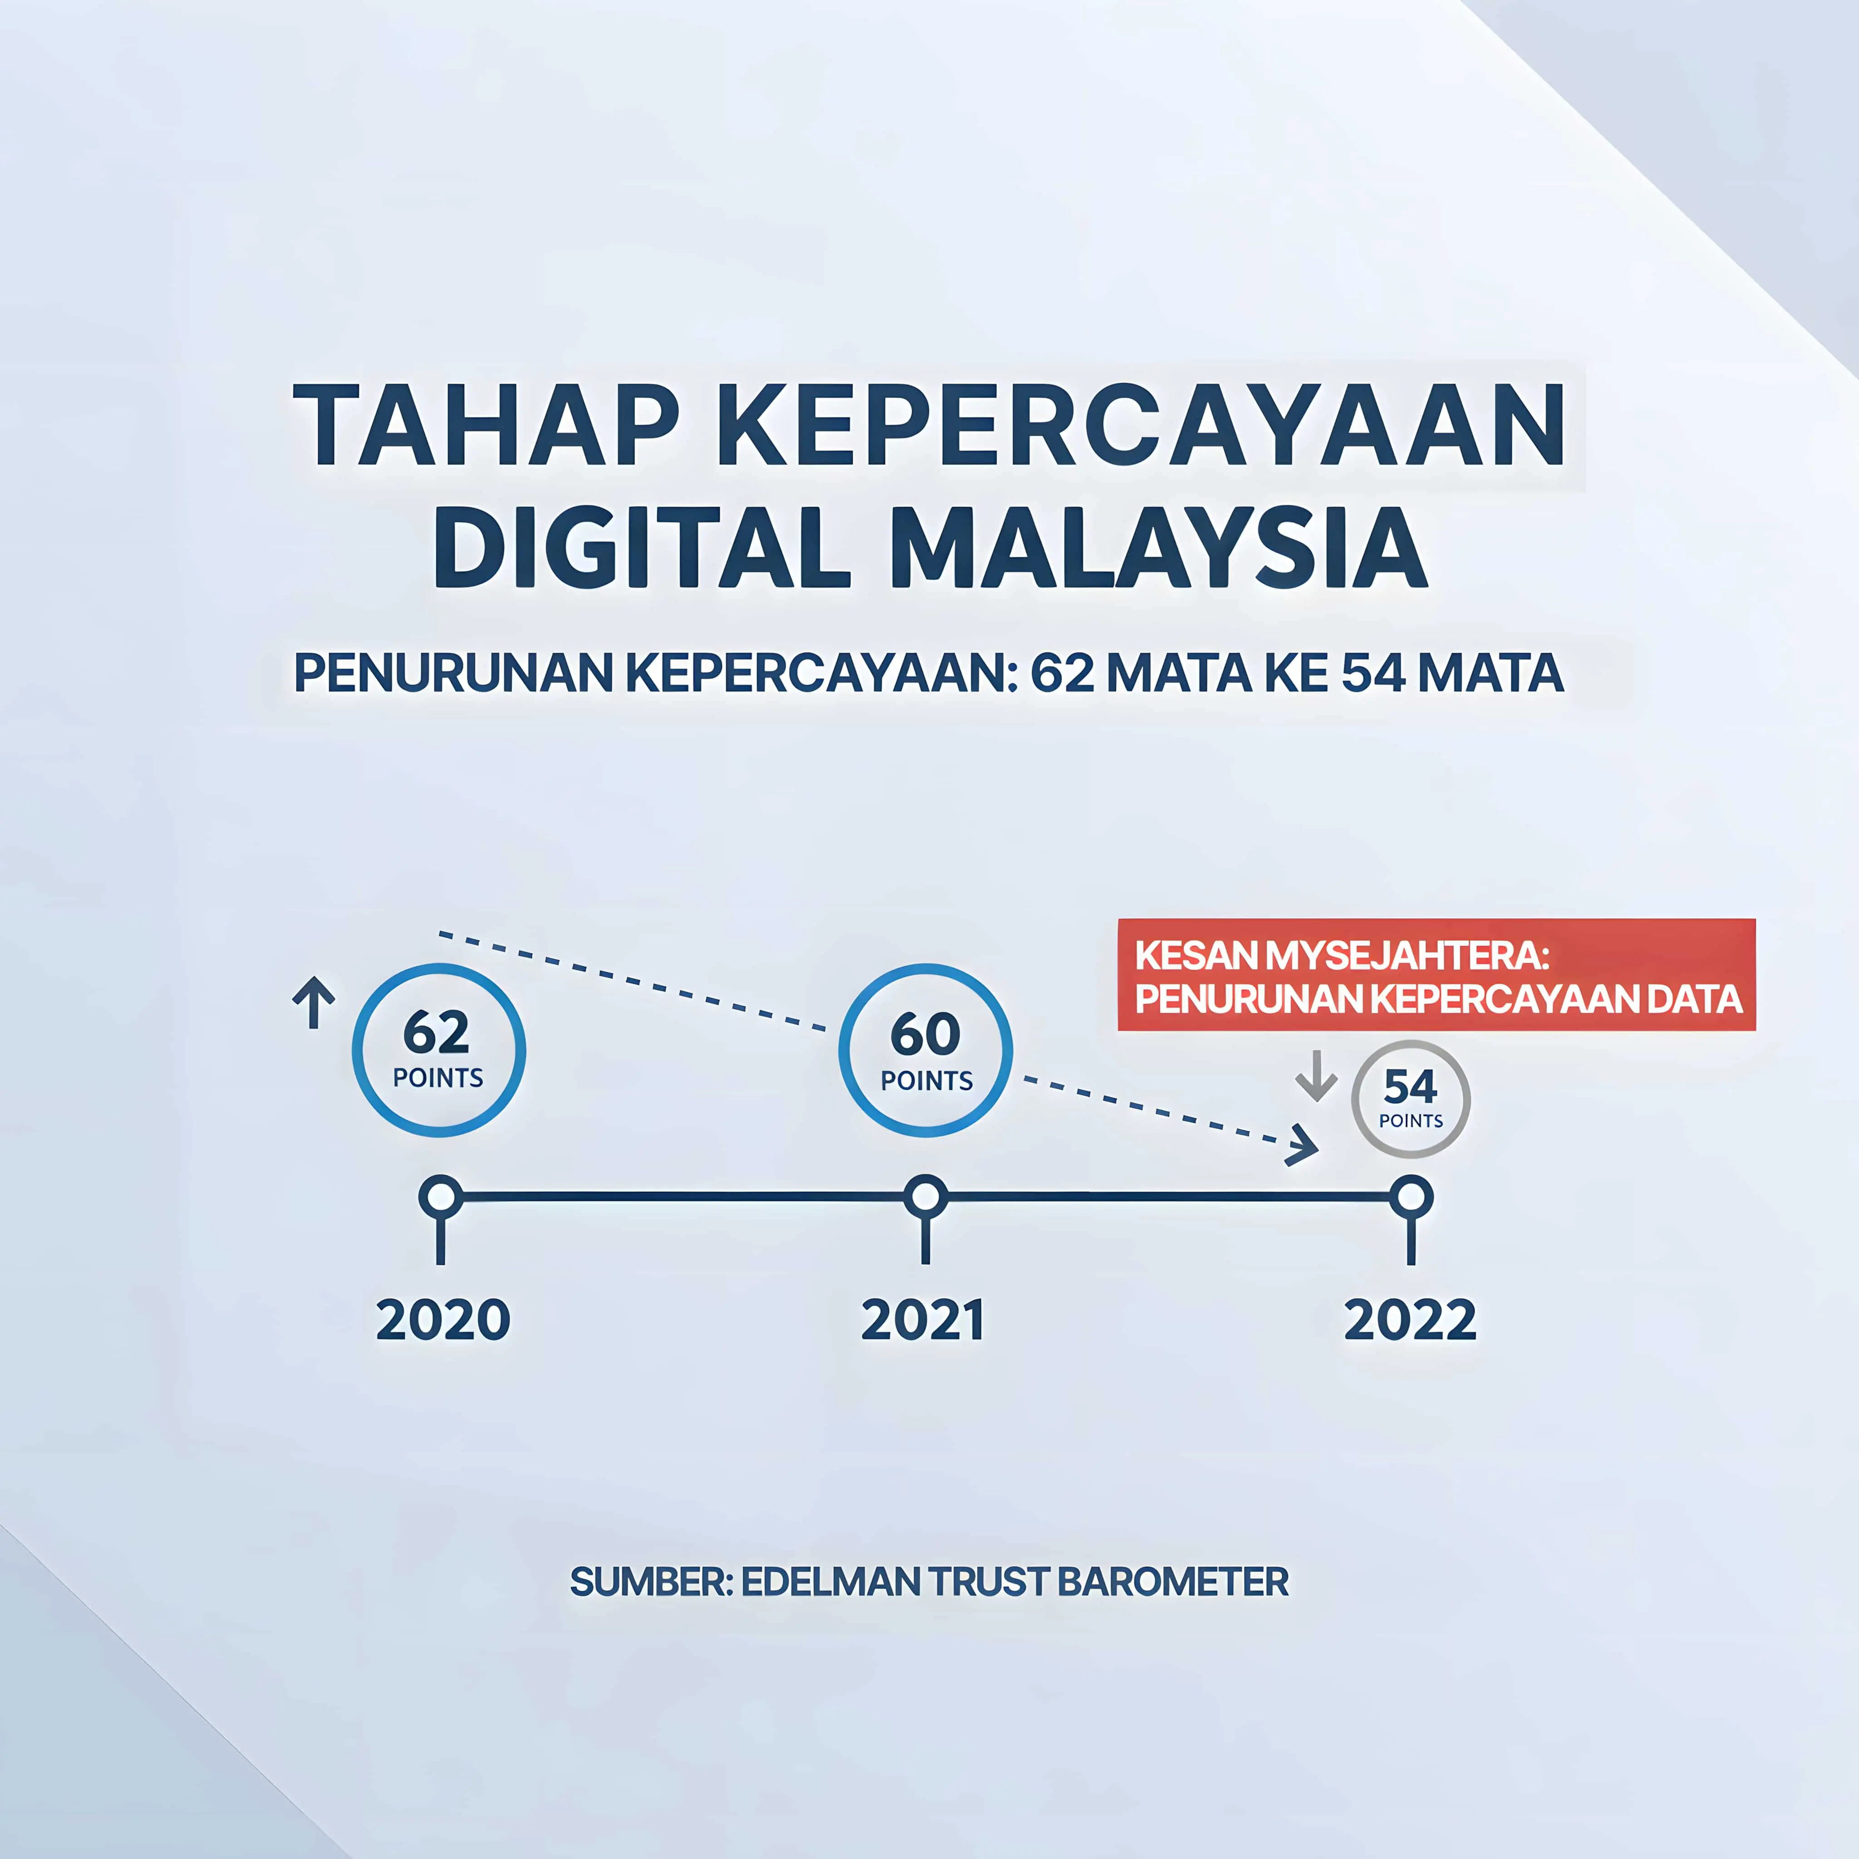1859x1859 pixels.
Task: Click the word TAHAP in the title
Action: click(x=486, y=425)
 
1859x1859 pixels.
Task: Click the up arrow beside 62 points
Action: click(x=314, y=1002)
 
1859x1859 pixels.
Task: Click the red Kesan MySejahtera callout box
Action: click(x=1436, y=975)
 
